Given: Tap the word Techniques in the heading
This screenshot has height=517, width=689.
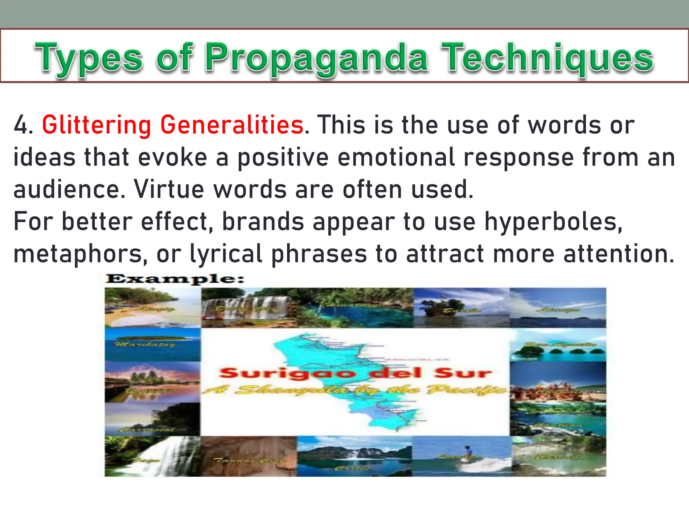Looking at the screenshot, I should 547,58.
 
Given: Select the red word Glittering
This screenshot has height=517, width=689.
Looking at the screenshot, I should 97,125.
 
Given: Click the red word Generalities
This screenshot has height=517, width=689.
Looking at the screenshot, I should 232,125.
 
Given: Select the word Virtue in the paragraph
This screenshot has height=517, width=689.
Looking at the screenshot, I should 169,189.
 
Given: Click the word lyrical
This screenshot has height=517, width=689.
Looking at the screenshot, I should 226,254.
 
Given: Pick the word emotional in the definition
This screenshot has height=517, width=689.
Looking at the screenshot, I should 396,157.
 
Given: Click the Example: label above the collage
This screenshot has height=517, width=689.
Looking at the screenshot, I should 175,279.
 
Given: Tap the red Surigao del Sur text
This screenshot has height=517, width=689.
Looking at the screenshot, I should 355,373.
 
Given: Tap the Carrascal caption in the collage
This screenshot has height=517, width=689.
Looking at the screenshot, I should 148,430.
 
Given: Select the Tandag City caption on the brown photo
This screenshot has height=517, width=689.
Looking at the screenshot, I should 249,460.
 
